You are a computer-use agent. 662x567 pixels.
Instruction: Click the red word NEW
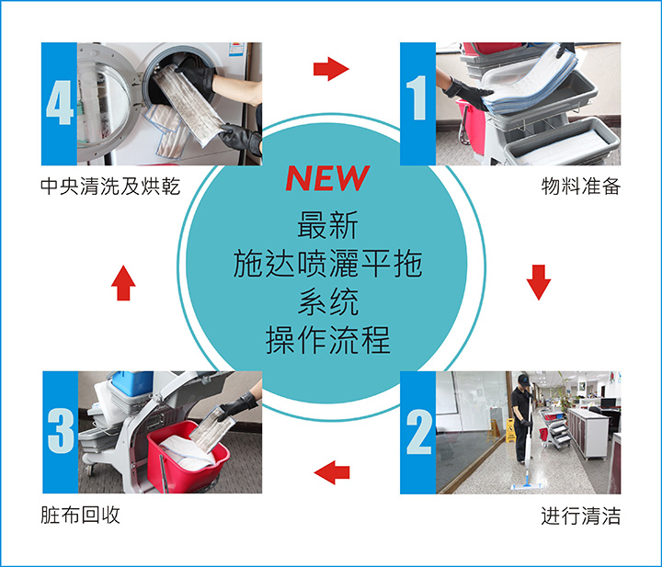[x=327, y=178]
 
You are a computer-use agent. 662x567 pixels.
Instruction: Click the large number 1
[x=417, y=98]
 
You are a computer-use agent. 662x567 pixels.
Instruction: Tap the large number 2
[x=419, y=433]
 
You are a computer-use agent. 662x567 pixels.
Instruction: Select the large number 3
[x=61, y=431]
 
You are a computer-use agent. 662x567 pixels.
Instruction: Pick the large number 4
[x=60, y=103]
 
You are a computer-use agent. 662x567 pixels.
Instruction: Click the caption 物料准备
[x=581, y=186]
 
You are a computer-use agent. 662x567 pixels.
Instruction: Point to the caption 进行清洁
[x=581, y=516]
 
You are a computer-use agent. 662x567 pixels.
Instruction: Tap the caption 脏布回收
[x=80, y=516]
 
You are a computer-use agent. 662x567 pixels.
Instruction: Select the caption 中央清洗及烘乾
[x=110, y=186]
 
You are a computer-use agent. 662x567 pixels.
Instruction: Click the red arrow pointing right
[x=331, y=69]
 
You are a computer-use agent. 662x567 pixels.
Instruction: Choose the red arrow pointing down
[x=539, y=282]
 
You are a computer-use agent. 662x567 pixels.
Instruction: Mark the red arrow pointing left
[x=331, y=472]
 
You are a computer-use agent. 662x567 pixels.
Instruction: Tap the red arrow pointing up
[x=123, y=283]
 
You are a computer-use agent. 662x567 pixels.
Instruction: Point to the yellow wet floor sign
[x=510, y=431]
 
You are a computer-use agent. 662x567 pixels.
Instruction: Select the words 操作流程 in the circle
[x=327, y=340]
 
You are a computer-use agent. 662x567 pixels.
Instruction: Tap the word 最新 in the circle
[x=327, y=224]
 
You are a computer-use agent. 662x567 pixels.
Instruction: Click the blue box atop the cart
[x=132, y=382]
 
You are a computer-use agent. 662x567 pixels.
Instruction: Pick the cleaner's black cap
[x=524, y=379]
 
